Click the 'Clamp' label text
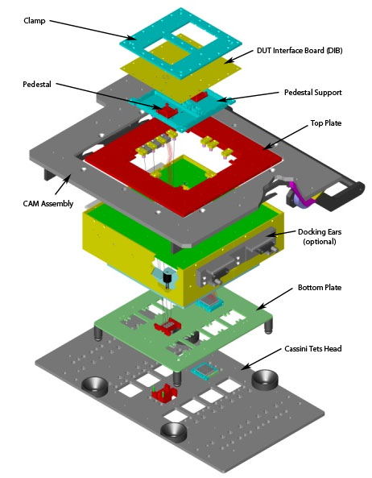pos(35,21)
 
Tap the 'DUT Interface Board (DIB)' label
pos(300,51)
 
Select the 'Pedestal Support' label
pos(313,93)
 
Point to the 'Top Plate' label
pos(326,123)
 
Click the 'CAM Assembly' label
pos(48,203)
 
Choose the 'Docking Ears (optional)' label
pos(320,236)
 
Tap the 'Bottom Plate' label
pos(320,288)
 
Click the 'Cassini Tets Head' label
pos(313,348)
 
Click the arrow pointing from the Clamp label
pos(93,30)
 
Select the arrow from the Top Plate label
pos(285,138)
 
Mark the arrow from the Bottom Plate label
pos(275,299)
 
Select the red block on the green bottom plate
pos(167,326)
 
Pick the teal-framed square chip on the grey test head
pos(205,371)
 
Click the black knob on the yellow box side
pos(167,280)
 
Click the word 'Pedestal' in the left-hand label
pos(37,85)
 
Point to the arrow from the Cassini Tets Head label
pos(262,360)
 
